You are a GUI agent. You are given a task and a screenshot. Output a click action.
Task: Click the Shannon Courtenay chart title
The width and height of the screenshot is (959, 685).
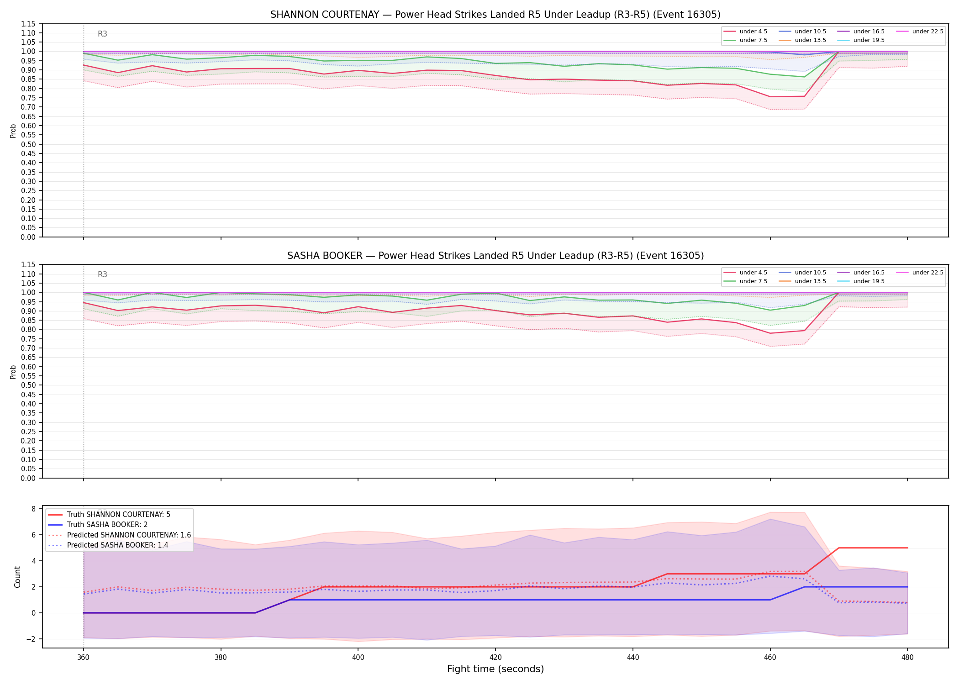click(x=495, y=15)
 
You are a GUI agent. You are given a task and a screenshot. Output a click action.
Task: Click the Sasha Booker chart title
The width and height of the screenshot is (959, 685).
click(x=495, y=256)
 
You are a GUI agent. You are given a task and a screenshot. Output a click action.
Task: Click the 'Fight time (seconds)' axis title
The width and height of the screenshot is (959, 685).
click(x=495, y=669)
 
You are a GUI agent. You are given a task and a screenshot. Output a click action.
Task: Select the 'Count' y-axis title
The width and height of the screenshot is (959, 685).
click(x=18, y=577)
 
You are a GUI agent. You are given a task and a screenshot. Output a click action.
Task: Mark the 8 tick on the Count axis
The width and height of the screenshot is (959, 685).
click(x=33, y=509)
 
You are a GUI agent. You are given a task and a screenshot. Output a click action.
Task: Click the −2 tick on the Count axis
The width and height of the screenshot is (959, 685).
click(x=31, y=639)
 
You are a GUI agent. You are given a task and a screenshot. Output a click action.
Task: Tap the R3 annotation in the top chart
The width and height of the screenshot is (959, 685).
click(x=102, y=34)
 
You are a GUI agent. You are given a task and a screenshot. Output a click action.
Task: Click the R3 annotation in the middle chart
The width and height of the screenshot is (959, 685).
click(x=102, y=274)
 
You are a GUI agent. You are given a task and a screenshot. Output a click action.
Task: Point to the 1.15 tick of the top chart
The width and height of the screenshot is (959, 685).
click(x=29, y=24)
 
